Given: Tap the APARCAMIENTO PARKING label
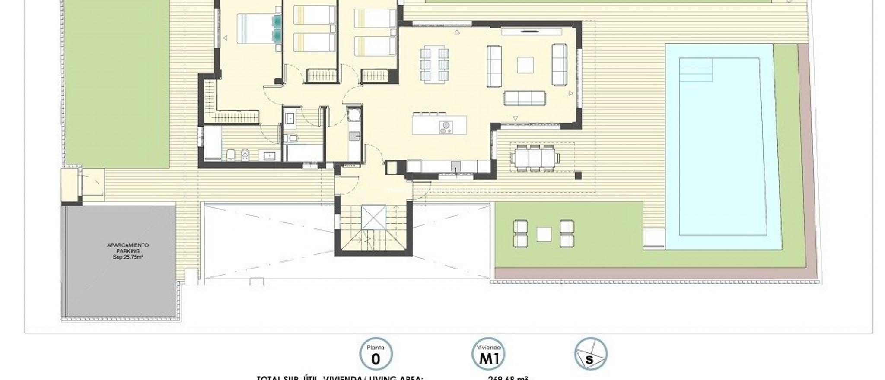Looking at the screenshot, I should pos(127,248).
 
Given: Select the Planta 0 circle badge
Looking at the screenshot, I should pos(376,355).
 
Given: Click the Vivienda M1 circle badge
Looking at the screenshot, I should pos(488,355).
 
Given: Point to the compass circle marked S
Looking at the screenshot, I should pos(591,355).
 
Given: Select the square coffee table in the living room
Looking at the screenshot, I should pos(525,65).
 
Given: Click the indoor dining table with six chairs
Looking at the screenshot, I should pos(435,65).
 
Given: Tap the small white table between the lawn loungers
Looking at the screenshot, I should pos(544,234).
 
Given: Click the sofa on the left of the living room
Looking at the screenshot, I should pos(494,65).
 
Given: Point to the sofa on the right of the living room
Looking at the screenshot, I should pos(559,64).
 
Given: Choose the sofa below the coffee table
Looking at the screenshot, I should pos(525,98).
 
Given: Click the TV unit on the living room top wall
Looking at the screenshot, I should pos(531,32).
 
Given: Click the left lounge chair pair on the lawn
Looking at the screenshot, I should pos(520,234).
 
